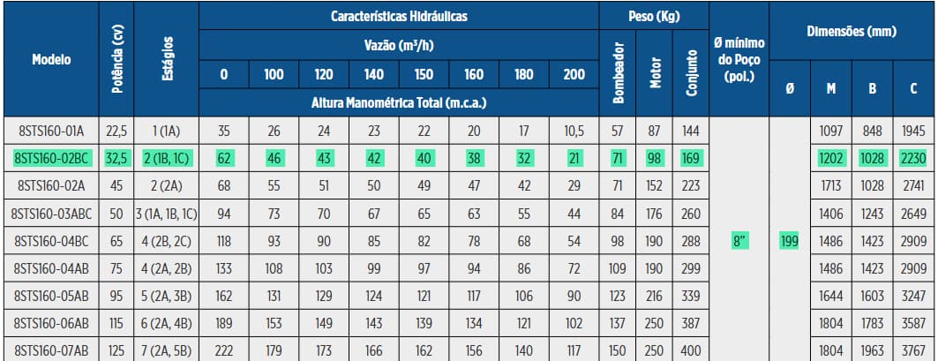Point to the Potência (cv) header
point(117,60)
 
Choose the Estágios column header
point(167,60)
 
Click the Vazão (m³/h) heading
point(399,44)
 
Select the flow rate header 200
point(574,74)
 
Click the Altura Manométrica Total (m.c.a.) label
point(399,103)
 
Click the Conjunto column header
point(689,71)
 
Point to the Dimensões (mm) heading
point(852,32)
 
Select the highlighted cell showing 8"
point(739,240)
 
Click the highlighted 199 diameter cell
point(789,240)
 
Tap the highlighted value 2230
point(913,158)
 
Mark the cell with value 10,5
point(574,131)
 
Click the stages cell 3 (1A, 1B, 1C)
point(167,213)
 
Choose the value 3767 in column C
point(913,350)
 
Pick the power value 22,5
point(117,131)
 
